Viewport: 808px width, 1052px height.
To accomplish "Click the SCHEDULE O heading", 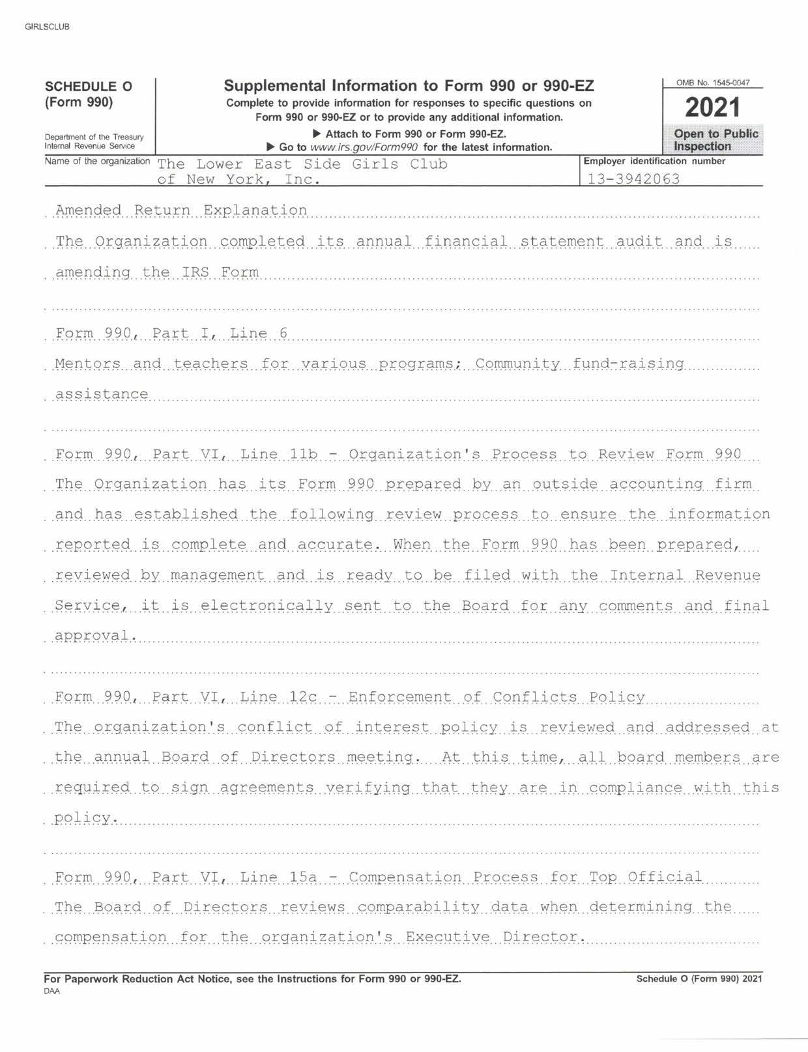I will pyautogui.click(x=88, y=87).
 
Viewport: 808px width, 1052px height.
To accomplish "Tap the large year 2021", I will pyautogui.click(x=712, y=107).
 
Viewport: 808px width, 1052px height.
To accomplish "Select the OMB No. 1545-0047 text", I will pyautogui.click(x=713, y=83).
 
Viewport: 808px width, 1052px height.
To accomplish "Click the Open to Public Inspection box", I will pyautogui.click(x=715, y=139).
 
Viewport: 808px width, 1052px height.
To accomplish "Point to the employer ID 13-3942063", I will pyautogui.click(x=633, y=178).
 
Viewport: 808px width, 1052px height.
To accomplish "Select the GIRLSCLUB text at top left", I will pyautogui.click(x=46, y=27).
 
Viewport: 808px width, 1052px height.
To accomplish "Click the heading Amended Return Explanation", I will pyautogui.click(x=181, y=210).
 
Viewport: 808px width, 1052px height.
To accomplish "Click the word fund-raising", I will pyautogui.click(x=628, y=363).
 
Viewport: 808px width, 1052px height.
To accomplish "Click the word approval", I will pyautogui.click(x=95, y=636).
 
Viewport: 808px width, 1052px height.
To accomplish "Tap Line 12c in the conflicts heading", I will pyautogui.click(x=279, y=697).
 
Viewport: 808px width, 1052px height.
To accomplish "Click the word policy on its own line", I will pyautogui.click(x=85, y=817).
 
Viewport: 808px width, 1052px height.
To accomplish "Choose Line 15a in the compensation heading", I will pyautogui.click(x=278, y=877).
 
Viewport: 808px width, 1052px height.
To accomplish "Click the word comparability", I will pyautogui.click(x=419, y=907).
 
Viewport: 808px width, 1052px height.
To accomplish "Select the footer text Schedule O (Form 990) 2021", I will pyautogui.click(x=699, y=978).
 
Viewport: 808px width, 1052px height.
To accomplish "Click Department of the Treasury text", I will pyautogui.click(x=94, y=137).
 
